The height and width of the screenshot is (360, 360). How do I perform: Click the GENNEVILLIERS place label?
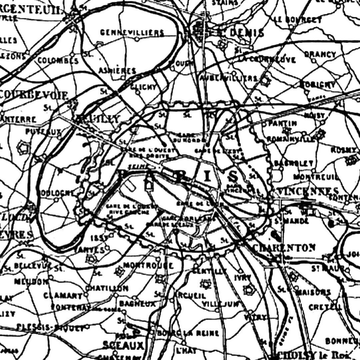point(132,33)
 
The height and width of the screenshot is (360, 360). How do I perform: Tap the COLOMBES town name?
point(58,60)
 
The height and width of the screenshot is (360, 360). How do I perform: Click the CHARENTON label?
point(284,248)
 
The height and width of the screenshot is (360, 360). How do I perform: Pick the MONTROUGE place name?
point(148,265)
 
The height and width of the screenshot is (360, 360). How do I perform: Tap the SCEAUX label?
point(123,345)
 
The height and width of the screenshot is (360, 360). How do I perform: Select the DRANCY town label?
point(320,54)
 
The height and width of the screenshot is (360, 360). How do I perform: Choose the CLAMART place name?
point(63,295)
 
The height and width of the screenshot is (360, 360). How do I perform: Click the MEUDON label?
point(31,282)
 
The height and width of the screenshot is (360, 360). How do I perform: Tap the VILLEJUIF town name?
point(220,304)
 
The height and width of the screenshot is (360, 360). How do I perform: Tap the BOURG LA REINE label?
point(188,333)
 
